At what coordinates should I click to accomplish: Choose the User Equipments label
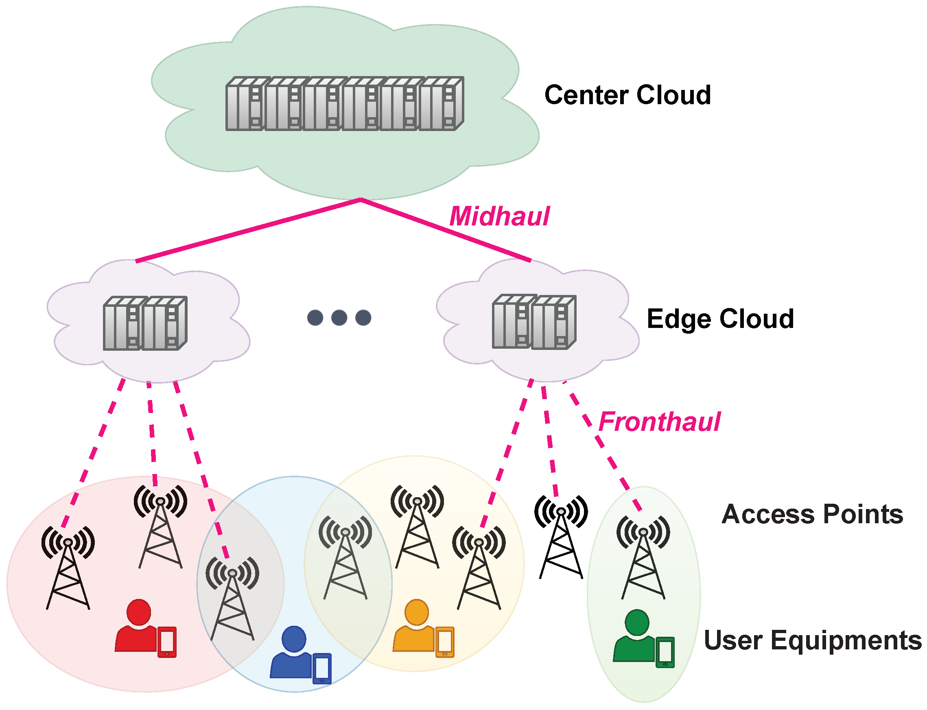(x=812, y=640)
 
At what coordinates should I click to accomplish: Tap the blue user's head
(x=293, y=638)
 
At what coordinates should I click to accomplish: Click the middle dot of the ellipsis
(x=339, y=317)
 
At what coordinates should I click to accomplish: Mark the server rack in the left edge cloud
(x=145, y=323)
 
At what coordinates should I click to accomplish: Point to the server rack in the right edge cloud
(x=534, y=322)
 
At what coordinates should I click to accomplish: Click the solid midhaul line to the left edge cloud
(x=247, y=230)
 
